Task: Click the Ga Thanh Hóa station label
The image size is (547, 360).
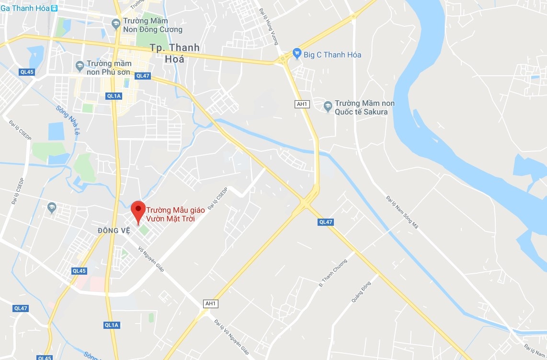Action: [25, 8]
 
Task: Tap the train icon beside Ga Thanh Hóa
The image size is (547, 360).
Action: [54, 8]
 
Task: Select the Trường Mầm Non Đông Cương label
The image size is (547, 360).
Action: [152, 25]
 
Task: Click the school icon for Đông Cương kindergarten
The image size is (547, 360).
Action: [115, 23]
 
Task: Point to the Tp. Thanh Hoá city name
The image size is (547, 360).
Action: [174, 53]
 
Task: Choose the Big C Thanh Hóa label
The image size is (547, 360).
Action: [332, 55]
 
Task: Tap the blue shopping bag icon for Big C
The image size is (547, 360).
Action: [297, 54]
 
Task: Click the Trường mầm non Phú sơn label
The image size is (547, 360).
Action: [109, 68]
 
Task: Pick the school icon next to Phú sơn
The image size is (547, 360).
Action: [80, 65]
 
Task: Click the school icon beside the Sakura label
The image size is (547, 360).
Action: [328, 106]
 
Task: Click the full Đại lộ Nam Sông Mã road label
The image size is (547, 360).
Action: [402, 212]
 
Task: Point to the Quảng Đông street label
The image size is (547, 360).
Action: [361, 291]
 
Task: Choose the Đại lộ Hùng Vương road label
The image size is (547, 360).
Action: [268, 26]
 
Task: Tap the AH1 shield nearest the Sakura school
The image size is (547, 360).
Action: [301, 104]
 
